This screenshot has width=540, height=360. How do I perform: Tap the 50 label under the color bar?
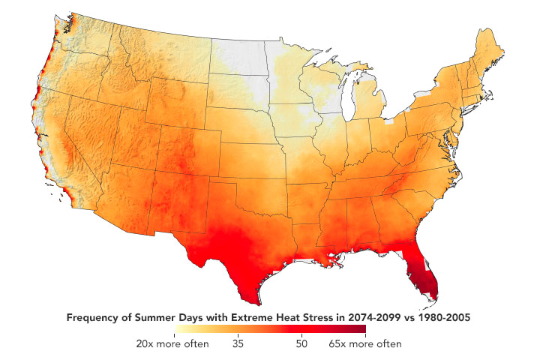(x=301, y=343)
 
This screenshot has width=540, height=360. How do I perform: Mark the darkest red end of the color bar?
(x=363, y=329)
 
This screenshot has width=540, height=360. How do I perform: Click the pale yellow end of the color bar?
(x=177, y=329)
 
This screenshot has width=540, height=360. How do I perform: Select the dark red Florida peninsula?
(x=425, y=274)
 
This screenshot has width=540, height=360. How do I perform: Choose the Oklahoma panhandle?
(x=213, y=179)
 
